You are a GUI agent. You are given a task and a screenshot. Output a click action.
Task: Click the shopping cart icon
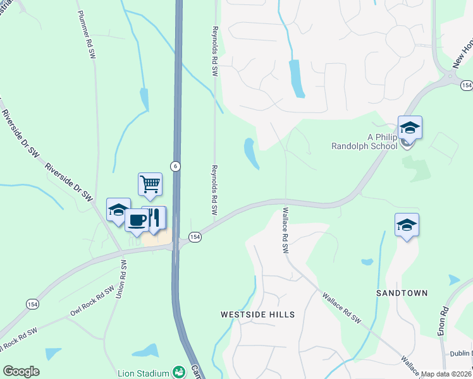coord(150,184)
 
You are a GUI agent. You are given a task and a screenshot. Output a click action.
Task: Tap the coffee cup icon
coord(137,220)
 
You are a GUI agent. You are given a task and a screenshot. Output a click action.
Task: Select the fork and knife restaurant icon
coord(155,218)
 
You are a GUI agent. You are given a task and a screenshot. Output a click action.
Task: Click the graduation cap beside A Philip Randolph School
coord(410,128)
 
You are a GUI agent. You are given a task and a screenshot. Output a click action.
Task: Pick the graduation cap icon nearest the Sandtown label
coord(407,225)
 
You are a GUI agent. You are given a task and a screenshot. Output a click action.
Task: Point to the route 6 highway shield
coord(175,165)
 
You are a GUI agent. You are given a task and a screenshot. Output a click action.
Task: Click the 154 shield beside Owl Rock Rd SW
coord(32,304)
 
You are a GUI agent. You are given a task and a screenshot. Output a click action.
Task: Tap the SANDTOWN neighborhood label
coord(402,293)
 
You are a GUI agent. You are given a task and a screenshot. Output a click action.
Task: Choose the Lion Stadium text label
coord(143,373)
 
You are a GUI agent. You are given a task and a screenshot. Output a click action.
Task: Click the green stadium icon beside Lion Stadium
coord(178,371)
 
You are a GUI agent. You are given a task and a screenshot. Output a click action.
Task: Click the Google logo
coord(21,371)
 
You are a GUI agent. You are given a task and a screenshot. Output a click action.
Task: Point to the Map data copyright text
coord(446,374)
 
